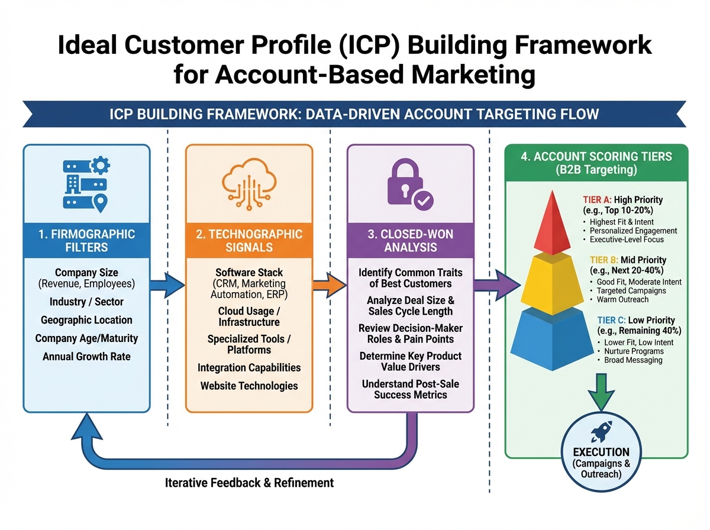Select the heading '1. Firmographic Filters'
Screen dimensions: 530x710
tap(86, 241)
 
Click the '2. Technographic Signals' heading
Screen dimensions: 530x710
tap(248, 241)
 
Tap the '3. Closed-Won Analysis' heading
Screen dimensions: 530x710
tap(410, 241)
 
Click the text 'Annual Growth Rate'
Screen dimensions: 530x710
tap(86, 357)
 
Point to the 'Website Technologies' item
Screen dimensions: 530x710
tap(248, 386)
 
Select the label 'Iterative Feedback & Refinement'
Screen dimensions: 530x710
tap(249, 483)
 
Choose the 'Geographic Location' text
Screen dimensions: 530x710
tap(86, 320)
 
